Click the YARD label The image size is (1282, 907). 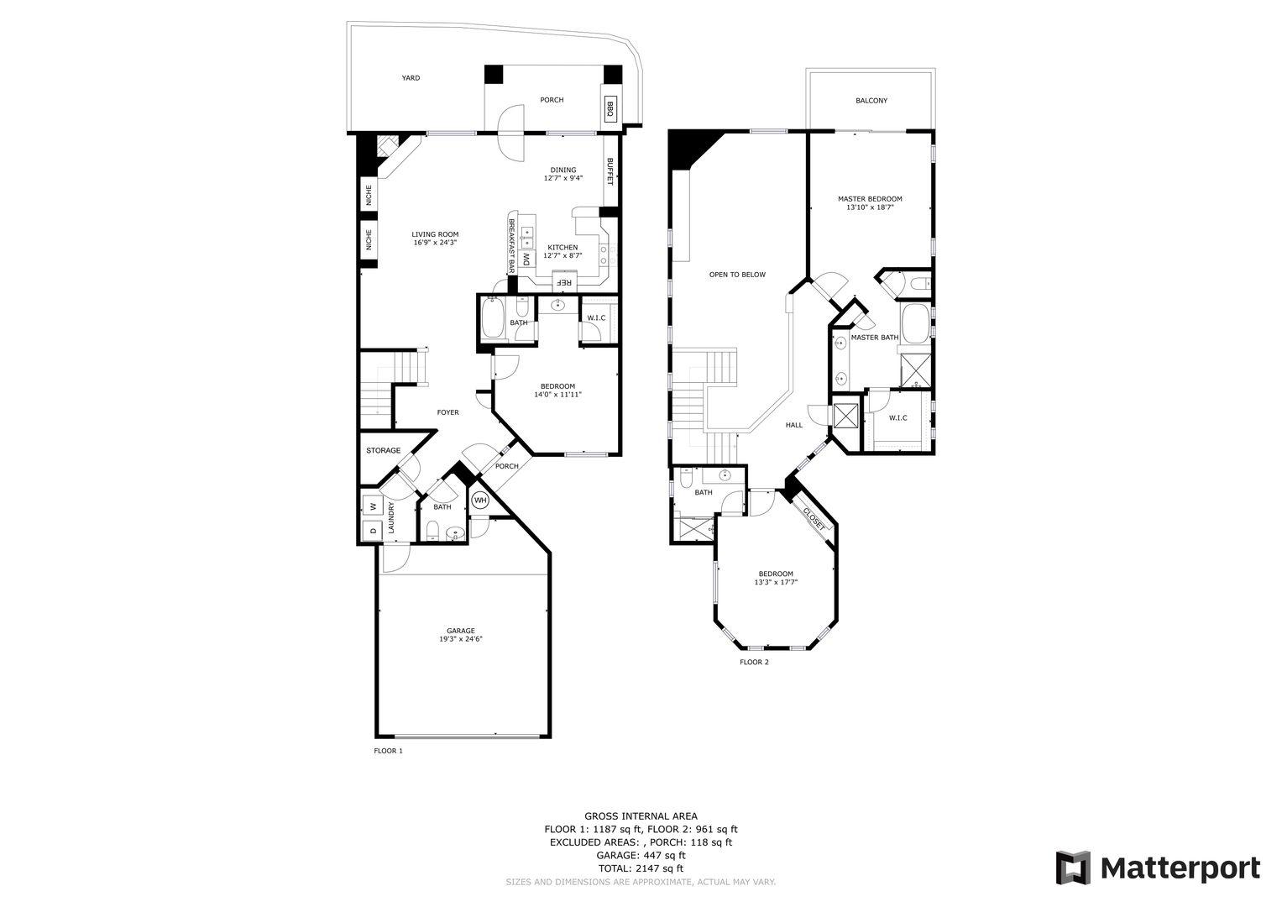(410, 78)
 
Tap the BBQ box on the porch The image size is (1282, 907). (610, 108)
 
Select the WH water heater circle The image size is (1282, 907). (479, 501)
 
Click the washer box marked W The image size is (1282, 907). (371, 506)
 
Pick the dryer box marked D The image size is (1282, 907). (371, 530)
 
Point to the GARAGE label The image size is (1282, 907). (460, 631)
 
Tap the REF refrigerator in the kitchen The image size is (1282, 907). (565, 282)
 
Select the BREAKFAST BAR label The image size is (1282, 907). (510, 246)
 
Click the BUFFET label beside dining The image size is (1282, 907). (610, 172)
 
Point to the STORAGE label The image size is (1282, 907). (383, 451)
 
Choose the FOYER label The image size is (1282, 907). (447, 412)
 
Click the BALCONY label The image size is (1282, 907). (871, 101)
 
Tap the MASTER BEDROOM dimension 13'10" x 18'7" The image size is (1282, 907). (870, 207)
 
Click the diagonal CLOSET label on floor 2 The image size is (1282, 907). (814, 517)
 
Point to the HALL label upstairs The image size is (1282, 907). (793, 425)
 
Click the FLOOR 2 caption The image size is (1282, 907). (753, 662)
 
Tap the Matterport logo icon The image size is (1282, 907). (1072, 868)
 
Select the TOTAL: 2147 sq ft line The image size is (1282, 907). (640, 868)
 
